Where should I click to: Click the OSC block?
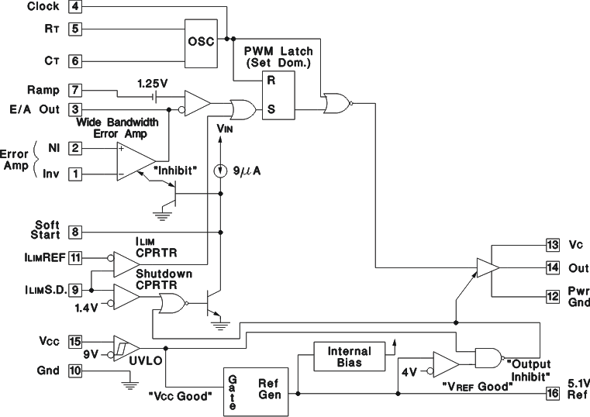pos(204,42)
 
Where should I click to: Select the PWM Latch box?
pos(268,95)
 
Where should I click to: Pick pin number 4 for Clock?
pos(75,7)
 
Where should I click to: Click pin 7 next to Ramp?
pos(75,91)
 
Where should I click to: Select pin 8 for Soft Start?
pos(75,231)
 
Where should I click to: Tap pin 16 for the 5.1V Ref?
pos(552,394)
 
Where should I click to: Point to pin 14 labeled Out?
pos(552,269)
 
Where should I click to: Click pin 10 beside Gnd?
pos(75,370)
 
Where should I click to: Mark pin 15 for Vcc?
pos(75,340)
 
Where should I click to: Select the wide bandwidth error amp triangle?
pos(133,160)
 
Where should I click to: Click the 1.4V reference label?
pos(86,308)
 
